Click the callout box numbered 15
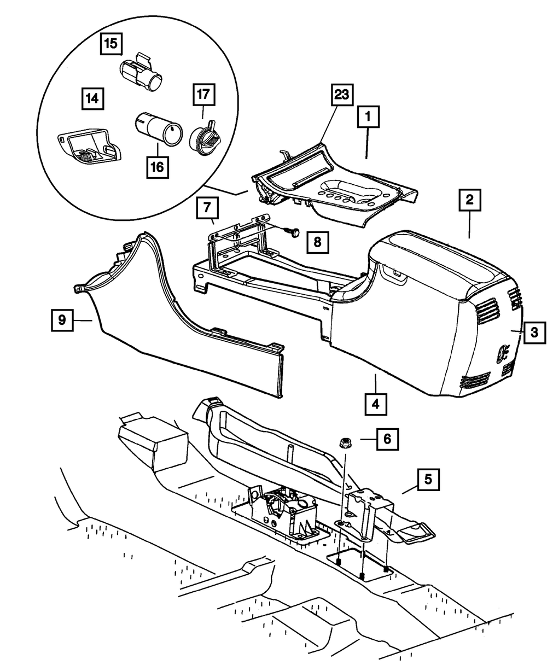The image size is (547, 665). coord(112,44)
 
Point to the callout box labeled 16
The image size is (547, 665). coord(158,167)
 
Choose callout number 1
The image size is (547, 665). coord(369,116)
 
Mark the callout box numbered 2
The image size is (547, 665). coord(469,201)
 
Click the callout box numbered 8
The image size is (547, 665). coord(318,241)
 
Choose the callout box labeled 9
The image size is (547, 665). coord(62,320)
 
